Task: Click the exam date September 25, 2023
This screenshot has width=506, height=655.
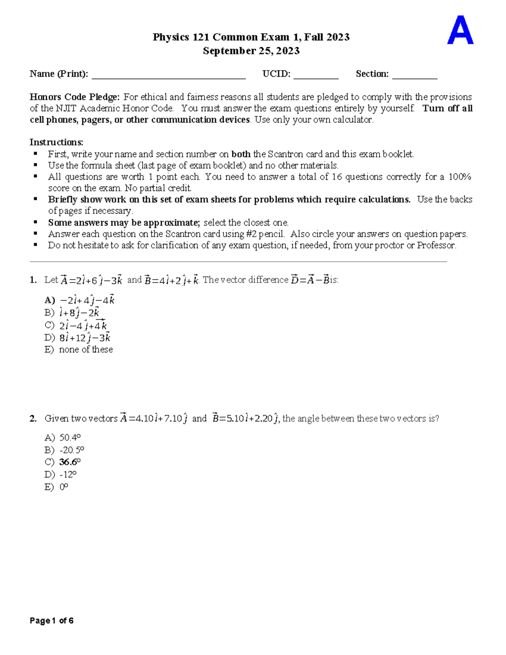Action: pyautogui.click(x=251, y=51)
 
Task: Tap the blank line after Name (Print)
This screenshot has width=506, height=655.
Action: pyautogui.click(x=169, y=75)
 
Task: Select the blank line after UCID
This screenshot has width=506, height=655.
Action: pyautogui.click(x=316, y=75)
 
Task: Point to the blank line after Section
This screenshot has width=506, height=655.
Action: pyautogui.click(x=414, y=75)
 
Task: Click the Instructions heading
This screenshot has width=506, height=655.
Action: pyautogui.click(x=57, y=142)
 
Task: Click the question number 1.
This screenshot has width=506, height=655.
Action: pyautogui.click(x=33, y=280)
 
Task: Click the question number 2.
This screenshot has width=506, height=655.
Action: pyautogui.click(x=33, y=418)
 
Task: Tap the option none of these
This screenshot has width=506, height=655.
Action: pyautogui.click(x=86, y=349)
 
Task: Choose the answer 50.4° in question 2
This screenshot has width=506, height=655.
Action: pyautogui.click(x=70, y=437)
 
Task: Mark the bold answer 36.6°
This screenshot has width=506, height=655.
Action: pyautogui.click(x=70, y=462)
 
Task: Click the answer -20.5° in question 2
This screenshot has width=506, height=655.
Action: pyautogui.click(x=72, y=450)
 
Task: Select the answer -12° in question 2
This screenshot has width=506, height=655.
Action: pyautogui.click(x=68, y=474)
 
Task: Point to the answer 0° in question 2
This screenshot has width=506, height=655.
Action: pyautogui.click(x=64, y=487)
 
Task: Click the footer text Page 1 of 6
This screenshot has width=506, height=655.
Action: pyautogui.click(x=51, y=620)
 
